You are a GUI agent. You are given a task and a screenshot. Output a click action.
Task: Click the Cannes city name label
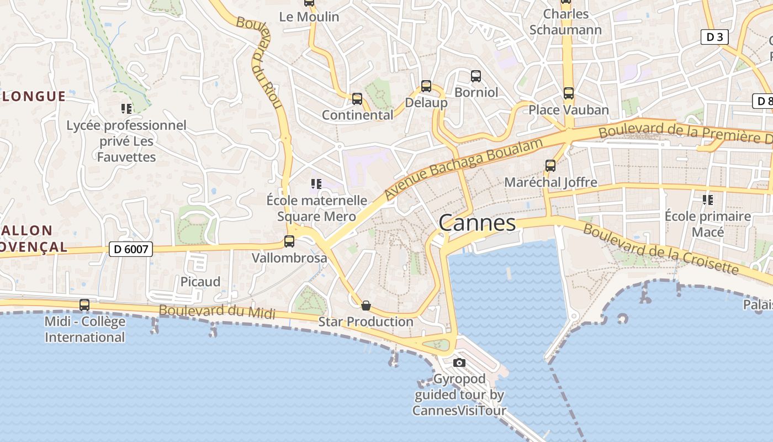(477, 223)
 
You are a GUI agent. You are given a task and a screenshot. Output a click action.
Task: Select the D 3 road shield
(714, 37)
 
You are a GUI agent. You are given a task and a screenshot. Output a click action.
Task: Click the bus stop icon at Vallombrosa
(289, 241)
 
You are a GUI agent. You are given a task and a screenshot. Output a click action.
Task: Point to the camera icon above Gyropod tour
(459, 362)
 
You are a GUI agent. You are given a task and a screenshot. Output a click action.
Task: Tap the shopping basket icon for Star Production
(366, 306)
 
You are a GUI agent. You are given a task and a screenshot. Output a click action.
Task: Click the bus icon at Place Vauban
(569, 93)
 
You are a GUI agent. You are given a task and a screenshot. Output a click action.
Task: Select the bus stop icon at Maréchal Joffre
(550, 166)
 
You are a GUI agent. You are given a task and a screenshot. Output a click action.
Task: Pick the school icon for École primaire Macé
(707, 199)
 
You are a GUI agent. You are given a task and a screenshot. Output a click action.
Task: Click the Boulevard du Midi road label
(216, 312)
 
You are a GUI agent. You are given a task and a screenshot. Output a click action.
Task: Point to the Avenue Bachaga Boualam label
(464, 169)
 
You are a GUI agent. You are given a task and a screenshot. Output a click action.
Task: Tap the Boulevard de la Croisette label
(660, 249)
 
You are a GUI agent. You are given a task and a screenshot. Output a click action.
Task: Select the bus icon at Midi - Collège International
(84, 305)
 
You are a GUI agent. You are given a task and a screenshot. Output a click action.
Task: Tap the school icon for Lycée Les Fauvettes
(126, 109)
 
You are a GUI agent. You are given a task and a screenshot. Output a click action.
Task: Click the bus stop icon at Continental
(357, 99)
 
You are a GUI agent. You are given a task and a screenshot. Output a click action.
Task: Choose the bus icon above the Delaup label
(426, 86)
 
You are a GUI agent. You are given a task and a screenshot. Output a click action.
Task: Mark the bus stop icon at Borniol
(476, 76)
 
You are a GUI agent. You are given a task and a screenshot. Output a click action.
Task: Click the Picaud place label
(200, 282)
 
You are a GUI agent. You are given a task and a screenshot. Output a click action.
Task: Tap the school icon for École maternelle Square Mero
(316, 183)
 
